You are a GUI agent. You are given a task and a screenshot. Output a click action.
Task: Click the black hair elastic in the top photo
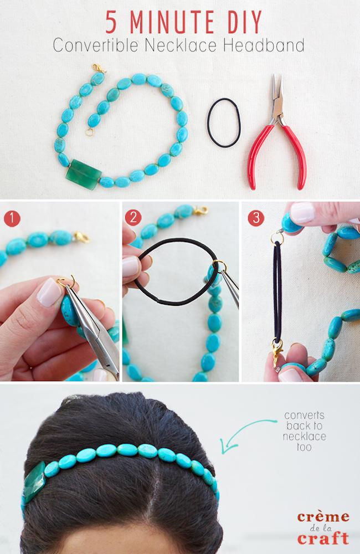click(224, 122)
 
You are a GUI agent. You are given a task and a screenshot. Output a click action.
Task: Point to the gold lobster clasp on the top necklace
click(99, 69)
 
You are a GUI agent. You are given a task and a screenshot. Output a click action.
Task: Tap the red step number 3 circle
click(255, 218)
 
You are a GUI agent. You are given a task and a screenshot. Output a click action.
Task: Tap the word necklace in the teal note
click(305, 437)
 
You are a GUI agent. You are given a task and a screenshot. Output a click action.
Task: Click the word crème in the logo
click(323, 517)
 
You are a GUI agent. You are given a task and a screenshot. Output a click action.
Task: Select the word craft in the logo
click(323, 538)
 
